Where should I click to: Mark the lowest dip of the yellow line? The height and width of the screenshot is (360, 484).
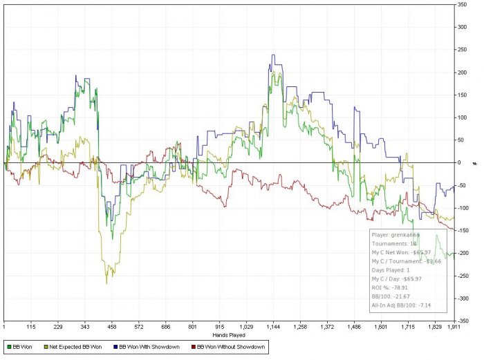coord(106,283)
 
